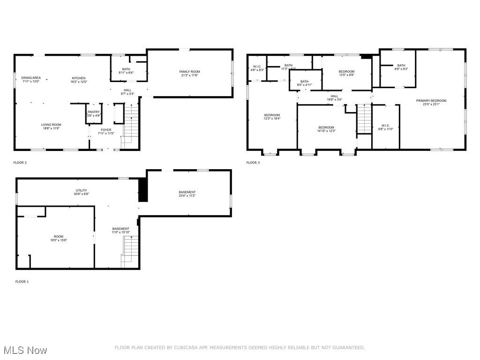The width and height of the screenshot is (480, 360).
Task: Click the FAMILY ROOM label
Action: pyautogui.click(x=189, y=72)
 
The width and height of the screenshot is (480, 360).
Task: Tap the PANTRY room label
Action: pyautogui.click(x=94, y=112)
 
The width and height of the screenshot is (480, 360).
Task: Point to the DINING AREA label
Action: pyautogui.click(x=31, y=78)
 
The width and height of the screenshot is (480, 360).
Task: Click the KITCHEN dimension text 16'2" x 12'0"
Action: pyautogui.click(x=79, y=82)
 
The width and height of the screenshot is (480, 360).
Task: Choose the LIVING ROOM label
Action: pyautogui.click(x=51, y=125)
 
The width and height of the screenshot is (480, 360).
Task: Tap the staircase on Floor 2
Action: pyautogui.click(x=131, y=124)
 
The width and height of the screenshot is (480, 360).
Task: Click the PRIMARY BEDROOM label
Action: pyautogui.click(x=431, y=101)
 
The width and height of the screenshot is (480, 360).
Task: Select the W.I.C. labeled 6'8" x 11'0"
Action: pyautogui.click(x=385, y=127)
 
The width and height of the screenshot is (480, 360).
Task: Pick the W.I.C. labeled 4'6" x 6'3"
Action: pyautogui.click(x=257, y=67)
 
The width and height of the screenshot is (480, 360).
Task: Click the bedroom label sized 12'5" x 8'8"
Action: pyautogui.click(x=346, y=72)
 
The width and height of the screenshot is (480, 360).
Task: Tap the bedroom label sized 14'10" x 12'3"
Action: pyautogui.click(x=326, y=127)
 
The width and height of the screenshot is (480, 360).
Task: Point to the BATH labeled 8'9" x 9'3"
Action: pyautogui.click(x=401, y=66)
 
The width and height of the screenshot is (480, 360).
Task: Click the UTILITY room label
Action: pyautogui.click(x=81, y=190)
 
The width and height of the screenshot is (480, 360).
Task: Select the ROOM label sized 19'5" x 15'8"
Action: pyautogui.click(x=58, y=237)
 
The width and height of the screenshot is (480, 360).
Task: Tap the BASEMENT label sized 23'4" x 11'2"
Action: pyautogui.click(x=187, y=192)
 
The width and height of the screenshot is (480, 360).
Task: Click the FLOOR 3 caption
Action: pyautogui.click(x=253, y=163)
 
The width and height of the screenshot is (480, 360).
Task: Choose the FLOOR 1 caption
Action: pyautogui.click(x=22, y=282)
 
